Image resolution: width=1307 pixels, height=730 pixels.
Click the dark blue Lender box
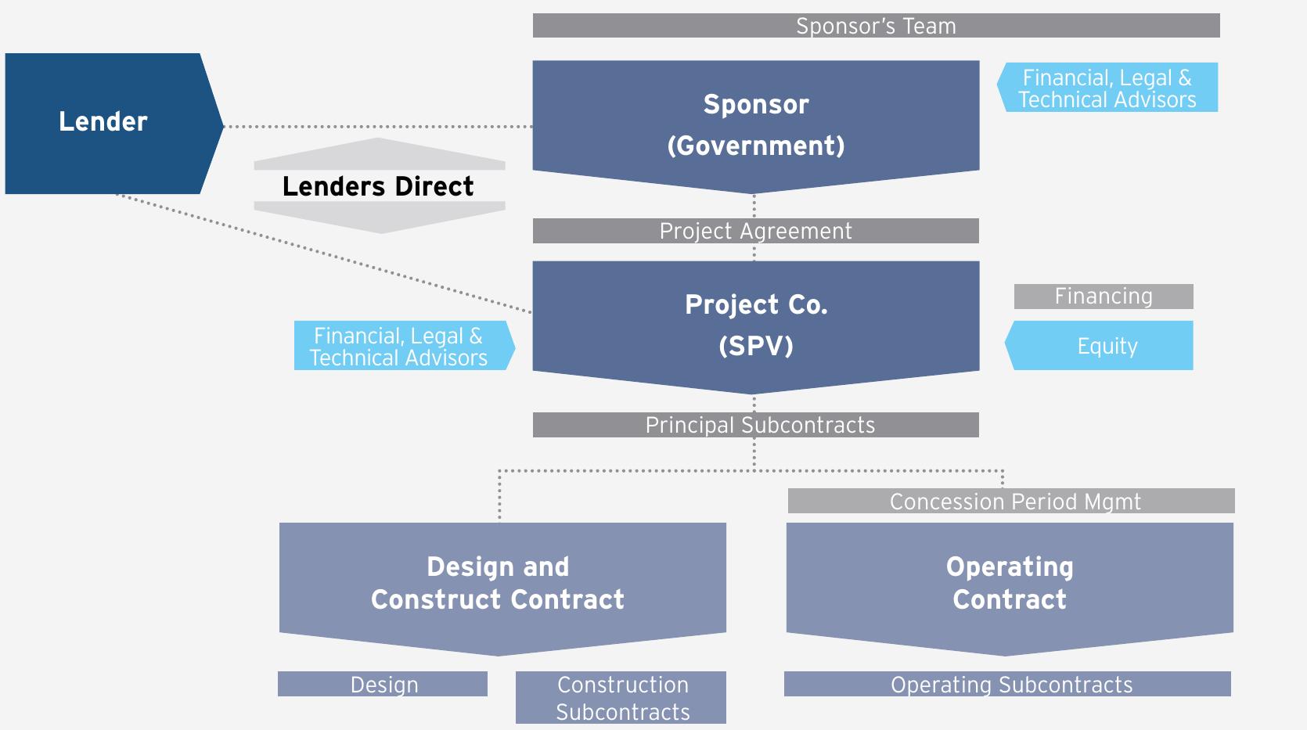click(103, 122)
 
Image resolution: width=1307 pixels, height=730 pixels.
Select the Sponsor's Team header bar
click(875, 26)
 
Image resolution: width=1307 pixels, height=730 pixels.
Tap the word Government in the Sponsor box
click(755, 146)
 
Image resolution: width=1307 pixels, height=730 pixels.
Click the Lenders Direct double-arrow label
click(379, 186)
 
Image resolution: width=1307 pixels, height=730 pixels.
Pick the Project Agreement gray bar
click(755, 231)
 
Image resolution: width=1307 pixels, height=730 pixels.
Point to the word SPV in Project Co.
click(755, 346)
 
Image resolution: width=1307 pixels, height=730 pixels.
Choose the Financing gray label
click(1103, 297)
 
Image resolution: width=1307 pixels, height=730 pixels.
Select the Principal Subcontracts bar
click(755, 425)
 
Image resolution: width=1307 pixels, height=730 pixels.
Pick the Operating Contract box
click(1010, 583)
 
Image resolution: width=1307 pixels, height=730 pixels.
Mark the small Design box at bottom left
click(383, 684)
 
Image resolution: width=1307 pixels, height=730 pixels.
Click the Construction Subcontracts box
click(621, 697)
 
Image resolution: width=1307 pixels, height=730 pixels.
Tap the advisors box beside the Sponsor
click(1108, 88)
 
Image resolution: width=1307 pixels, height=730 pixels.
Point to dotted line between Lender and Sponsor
click(376, 126)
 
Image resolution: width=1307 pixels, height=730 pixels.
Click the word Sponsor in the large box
click(755, 104)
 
